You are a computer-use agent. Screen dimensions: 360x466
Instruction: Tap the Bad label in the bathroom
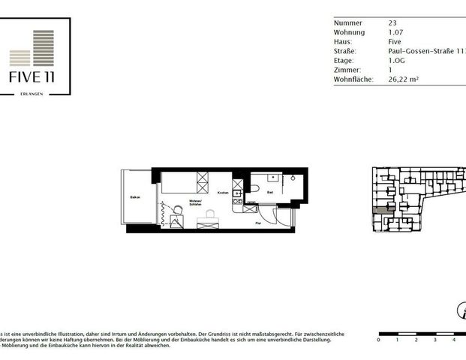tap(270, 192)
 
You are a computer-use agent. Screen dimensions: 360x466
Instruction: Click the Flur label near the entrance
tap(257, 223)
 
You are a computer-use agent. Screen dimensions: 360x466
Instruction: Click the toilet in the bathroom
tap(254, 188)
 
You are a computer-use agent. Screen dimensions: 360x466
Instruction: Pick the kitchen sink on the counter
tap(237, 193)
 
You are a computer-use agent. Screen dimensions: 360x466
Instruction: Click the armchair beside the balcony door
tap(176, 220)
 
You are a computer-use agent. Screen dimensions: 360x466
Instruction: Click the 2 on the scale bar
tap(416, 340)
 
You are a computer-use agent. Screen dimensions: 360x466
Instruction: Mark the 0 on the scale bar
tap(378, 340)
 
